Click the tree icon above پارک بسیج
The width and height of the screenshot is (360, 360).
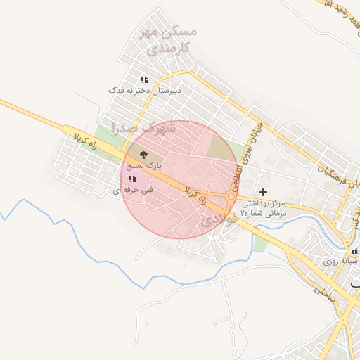point(143,154)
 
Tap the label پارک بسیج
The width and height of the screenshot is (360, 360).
point(143,167)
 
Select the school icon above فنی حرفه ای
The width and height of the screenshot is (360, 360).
point(133,179)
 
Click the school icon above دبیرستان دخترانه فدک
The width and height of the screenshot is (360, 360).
point(144,79)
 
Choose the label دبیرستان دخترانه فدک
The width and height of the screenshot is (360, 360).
point(145,91)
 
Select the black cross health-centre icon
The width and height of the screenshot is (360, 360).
point(264,191)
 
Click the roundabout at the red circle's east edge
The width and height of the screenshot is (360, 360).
point(231,198)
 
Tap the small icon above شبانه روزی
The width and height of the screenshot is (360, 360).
point(354,250)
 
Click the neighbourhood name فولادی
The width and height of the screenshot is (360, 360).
point(217,219)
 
